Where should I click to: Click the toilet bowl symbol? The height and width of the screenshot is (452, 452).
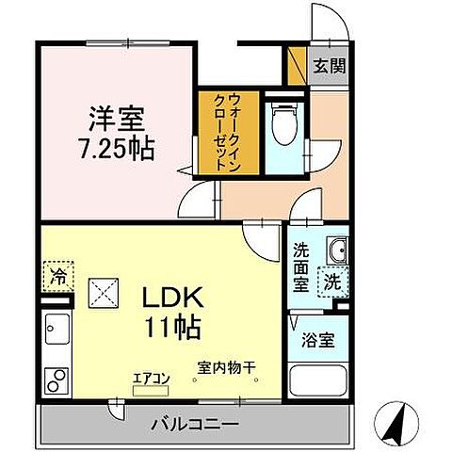[281, 121]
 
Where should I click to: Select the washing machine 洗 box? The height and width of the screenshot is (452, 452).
[333, 282]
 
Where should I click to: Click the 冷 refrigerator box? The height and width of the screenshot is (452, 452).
[58, 278]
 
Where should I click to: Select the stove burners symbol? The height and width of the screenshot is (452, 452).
[56, 379]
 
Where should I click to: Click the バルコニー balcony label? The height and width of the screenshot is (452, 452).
[194, 423]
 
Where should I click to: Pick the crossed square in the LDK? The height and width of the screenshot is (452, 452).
[102, 293]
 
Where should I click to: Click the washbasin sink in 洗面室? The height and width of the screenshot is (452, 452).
[336, 250]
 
